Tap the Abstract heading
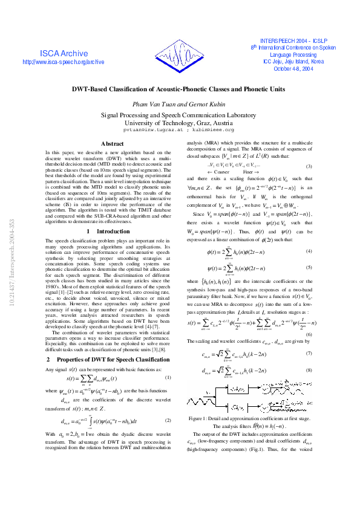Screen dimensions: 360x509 (x=112, y=143)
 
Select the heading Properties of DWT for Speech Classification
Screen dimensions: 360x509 (x=112, y=359)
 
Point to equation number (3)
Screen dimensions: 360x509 (x=309, y=166)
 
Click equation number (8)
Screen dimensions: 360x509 (x=309, y=370)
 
